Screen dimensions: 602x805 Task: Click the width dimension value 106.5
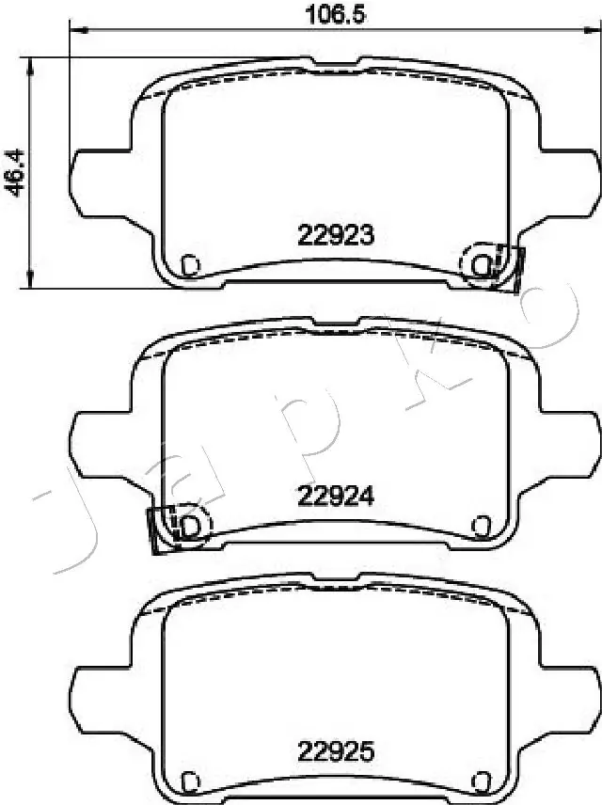click(x=335, y=14)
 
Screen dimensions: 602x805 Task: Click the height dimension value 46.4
click(x=14, y=172)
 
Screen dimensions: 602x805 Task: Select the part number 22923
click(x=337, y=235)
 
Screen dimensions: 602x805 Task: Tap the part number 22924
click(x=337, y=496)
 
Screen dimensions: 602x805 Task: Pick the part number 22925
click(x=337, y=752)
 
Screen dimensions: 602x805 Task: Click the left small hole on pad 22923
click(x=191, y=265)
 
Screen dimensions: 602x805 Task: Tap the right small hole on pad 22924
click(x=482, y=525)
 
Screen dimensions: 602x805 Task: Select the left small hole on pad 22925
click(x=191, y=781)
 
